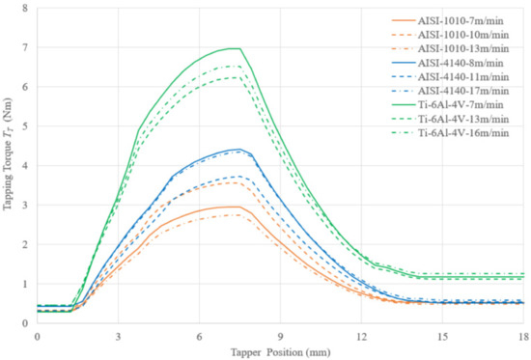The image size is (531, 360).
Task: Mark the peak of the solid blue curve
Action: (x=238, y=149)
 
